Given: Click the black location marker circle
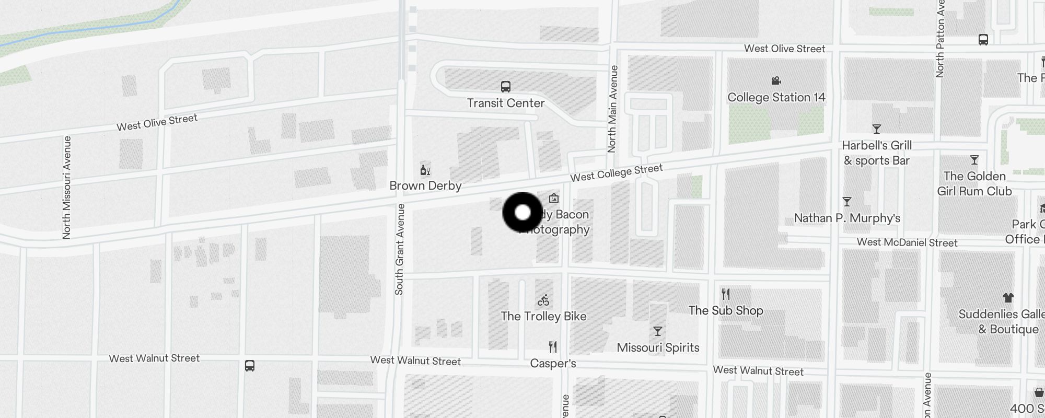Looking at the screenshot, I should (x=522, y=213).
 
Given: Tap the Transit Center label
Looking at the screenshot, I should (x=505, y=103).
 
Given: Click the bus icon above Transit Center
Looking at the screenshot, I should (x=505, y=87).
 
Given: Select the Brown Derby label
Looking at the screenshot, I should (x=425, y=185).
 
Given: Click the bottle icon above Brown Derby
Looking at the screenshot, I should (x=425, y=170).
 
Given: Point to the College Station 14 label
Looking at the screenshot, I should (x=776, y=97).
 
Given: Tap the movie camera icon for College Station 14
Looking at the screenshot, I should (x=776, y=80).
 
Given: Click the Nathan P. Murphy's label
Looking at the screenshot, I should (x=847, y=218).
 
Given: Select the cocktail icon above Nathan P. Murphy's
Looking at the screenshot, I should (x=847, y=202).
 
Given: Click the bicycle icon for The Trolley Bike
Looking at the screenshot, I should (x=543, y=300).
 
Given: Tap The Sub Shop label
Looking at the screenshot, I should (x=726, y=310).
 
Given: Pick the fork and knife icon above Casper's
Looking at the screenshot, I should (x=553, y=346).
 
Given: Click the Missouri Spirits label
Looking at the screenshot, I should (x=658, y=347).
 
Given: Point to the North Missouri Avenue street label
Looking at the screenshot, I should (x=67, y=188).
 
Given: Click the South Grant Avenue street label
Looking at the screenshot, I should (x=400, y=249).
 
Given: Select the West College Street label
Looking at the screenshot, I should (x=616, y=173).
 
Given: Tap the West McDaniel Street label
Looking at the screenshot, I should (x=907, y=242).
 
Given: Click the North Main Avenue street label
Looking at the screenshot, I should (x=613, y=109).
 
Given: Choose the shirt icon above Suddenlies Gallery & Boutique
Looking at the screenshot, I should (x=1008, y=298).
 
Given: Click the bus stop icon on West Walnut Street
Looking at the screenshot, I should (x=250, y=366).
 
